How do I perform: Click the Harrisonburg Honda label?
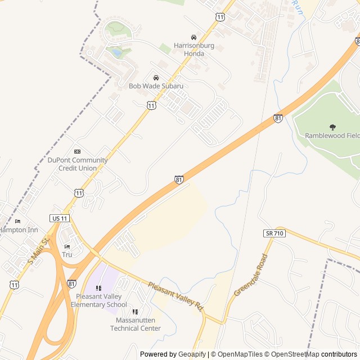(189, 49)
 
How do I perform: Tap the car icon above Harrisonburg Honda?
(194, 37)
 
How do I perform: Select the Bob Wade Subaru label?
(156, 86)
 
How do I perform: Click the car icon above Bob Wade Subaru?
(156, 78)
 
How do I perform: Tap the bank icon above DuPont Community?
(77, 152)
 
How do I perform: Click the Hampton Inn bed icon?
(17, 221)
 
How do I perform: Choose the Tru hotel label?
(67, 255)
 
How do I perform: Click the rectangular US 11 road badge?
(58, 218)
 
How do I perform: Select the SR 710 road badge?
(274, 233)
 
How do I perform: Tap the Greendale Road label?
(251, 275)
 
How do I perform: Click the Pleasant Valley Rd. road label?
(175, 296)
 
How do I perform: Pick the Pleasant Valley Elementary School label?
(99, 301)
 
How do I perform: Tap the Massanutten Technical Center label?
(136, 324)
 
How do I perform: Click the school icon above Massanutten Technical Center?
(135, 312)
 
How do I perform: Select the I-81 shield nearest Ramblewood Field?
(278, 119)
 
